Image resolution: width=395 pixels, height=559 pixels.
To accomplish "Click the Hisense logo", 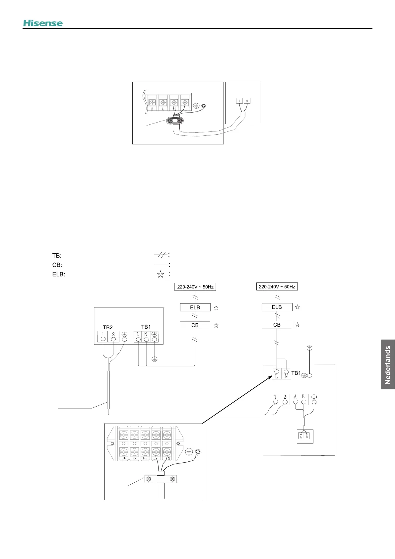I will (43, 23).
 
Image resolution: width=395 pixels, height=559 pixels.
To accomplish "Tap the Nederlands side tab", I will (388, 364).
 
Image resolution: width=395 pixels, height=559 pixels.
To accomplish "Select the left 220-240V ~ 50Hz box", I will (195, 287).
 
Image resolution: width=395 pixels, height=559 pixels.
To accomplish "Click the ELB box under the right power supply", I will (277, 307).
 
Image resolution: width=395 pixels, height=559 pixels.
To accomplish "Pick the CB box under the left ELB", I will (195, 325).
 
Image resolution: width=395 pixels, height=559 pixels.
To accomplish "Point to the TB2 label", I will (108, 327).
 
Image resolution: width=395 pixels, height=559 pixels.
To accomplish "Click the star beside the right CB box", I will (297, 325).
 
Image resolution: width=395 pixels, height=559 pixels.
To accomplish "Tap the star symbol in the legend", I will (161, 274).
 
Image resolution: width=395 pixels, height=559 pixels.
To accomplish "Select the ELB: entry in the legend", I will (59, 275).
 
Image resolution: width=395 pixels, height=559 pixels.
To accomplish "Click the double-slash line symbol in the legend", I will (161, 255).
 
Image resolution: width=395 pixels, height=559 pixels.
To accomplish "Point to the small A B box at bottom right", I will (305, 437).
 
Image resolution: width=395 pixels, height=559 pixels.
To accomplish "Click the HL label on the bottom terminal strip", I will (124, 458).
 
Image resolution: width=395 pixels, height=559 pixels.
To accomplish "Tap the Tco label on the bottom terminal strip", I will (145, 458).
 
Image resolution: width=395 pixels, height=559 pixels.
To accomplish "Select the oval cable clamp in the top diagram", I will (175, 120).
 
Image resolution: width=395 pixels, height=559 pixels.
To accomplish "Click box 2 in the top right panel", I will (247, 101).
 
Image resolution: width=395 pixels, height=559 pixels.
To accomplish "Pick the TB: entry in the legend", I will (57, 256).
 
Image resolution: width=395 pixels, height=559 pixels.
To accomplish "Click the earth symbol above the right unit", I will (309, 348).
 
